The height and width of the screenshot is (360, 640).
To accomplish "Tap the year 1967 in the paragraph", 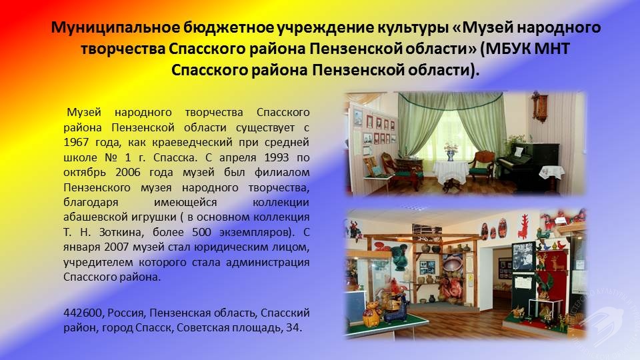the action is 76,143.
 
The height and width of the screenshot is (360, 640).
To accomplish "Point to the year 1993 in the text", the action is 276,157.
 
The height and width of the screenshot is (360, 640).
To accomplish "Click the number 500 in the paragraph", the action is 201,232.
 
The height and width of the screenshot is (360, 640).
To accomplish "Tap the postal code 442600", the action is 83,313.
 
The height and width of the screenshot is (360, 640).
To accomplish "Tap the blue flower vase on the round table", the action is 451,155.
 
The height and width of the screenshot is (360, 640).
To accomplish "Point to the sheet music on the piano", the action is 518,152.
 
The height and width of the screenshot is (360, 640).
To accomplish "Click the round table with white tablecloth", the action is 450,174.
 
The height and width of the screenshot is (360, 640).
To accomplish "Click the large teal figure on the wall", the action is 399,257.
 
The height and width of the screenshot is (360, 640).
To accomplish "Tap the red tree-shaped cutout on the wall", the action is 523,226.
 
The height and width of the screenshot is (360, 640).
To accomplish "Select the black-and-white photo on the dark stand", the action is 523,256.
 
